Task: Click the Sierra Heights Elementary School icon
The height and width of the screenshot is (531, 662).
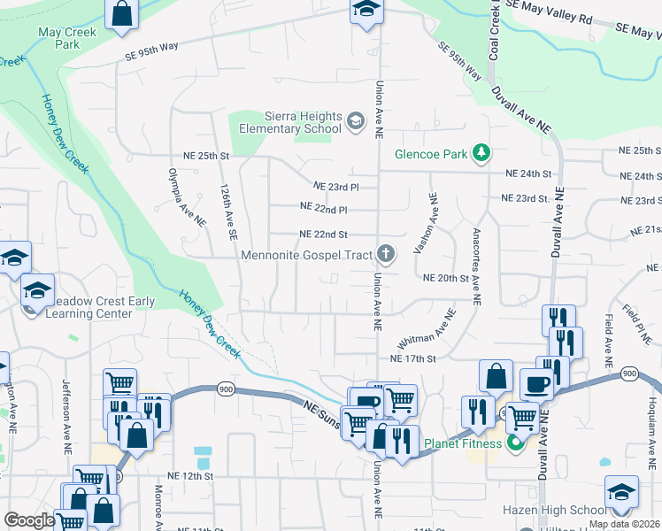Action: pos(356,120)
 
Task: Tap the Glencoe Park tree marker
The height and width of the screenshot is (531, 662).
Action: pos(481,154)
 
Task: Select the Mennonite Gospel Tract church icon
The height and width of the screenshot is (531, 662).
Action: pos(385,255)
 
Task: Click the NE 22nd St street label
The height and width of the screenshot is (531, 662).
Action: pos(324,235)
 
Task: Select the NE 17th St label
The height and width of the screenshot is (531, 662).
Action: pos(413,358)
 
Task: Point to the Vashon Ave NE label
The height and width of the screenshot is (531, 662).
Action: pos(434,222)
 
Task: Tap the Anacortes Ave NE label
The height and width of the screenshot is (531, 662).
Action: pos(476,265)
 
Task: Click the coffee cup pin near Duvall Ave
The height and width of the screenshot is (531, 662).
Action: pos(537,385)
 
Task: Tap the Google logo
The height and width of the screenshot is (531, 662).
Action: pos(29,520)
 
